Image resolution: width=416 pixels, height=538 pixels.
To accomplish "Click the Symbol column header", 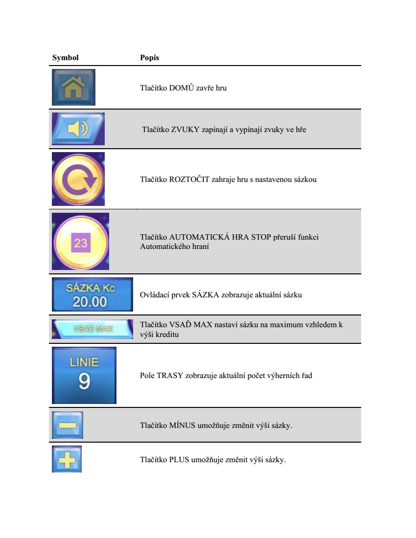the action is point(65,58).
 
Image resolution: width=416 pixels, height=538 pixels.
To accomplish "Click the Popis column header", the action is point(149,58).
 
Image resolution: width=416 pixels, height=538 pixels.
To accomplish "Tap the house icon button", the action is point(73,87).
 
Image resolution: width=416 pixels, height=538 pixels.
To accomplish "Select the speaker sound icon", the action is point(78,129).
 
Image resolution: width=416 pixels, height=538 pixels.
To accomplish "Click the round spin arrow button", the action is point(78,179).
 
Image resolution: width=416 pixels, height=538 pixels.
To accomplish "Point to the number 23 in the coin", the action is point(81,243).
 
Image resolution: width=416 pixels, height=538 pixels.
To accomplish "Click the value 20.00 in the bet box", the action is point(90,302).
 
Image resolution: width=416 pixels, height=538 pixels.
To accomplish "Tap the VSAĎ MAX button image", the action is point(92,329).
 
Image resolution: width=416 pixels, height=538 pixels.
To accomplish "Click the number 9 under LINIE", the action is point(84,381).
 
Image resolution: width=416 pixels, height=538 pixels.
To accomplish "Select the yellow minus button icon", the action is point(67,425).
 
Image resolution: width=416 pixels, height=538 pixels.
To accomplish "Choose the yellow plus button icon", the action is point(67,459).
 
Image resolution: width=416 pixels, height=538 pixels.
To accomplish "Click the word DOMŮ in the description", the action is point(182,88).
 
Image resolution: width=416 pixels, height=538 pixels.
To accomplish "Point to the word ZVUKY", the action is point(185,130).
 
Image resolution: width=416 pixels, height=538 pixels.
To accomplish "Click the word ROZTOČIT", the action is point(189,179).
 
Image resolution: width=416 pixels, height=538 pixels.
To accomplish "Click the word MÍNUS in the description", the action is point(182,426).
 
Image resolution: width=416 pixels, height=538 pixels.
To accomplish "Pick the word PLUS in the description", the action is point(179,460).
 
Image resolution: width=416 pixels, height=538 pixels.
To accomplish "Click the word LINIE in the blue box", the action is point(84,362).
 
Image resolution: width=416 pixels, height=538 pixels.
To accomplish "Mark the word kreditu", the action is point(167,335).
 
